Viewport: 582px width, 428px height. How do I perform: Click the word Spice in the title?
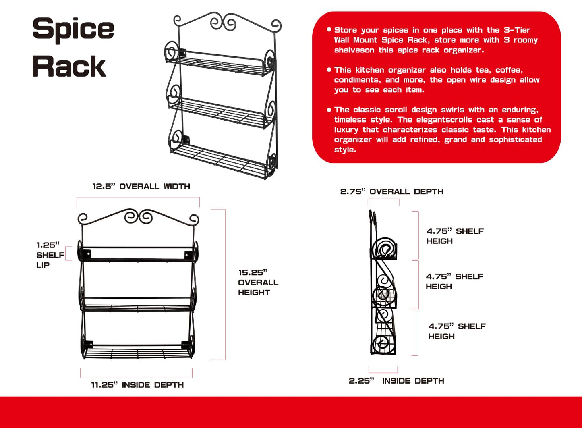point(73,30)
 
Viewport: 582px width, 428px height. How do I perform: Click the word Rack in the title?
point(69,66)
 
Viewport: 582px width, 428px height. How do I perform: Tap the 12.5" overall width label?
point(141,186)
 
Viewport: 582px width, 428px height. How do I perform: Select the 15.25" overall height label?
point(258,283)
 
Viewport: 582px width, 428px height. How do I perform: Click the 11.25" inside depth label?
point(137,385)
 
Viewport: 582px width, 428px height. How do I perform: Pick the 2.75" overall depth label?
point(392,192)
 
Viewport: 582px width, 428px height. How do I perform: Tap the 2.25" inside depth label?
point(396,381)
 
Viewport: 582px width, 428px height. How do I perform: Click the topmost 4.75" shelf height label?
point(455,236)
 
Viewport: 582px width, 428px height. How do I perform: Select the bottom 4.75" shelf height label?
point(457,331)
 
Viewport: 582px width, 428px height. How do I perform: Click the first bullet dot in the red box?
point(329,29)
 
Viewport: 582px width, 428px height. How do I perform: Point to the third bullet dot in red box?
point(329,110)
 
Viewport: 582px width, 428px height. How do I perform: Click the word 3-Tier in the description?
point(517,30)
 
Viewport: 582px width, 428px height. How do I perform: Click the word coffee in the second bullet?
point(509,70)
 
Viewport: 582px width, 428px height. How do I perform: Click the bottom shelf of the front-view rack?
point(138,352)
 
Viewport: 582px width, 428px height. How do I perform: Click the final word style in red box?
point(345,150)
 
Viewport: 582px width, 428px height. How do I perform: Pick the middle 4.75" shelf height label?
point(454,281)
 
